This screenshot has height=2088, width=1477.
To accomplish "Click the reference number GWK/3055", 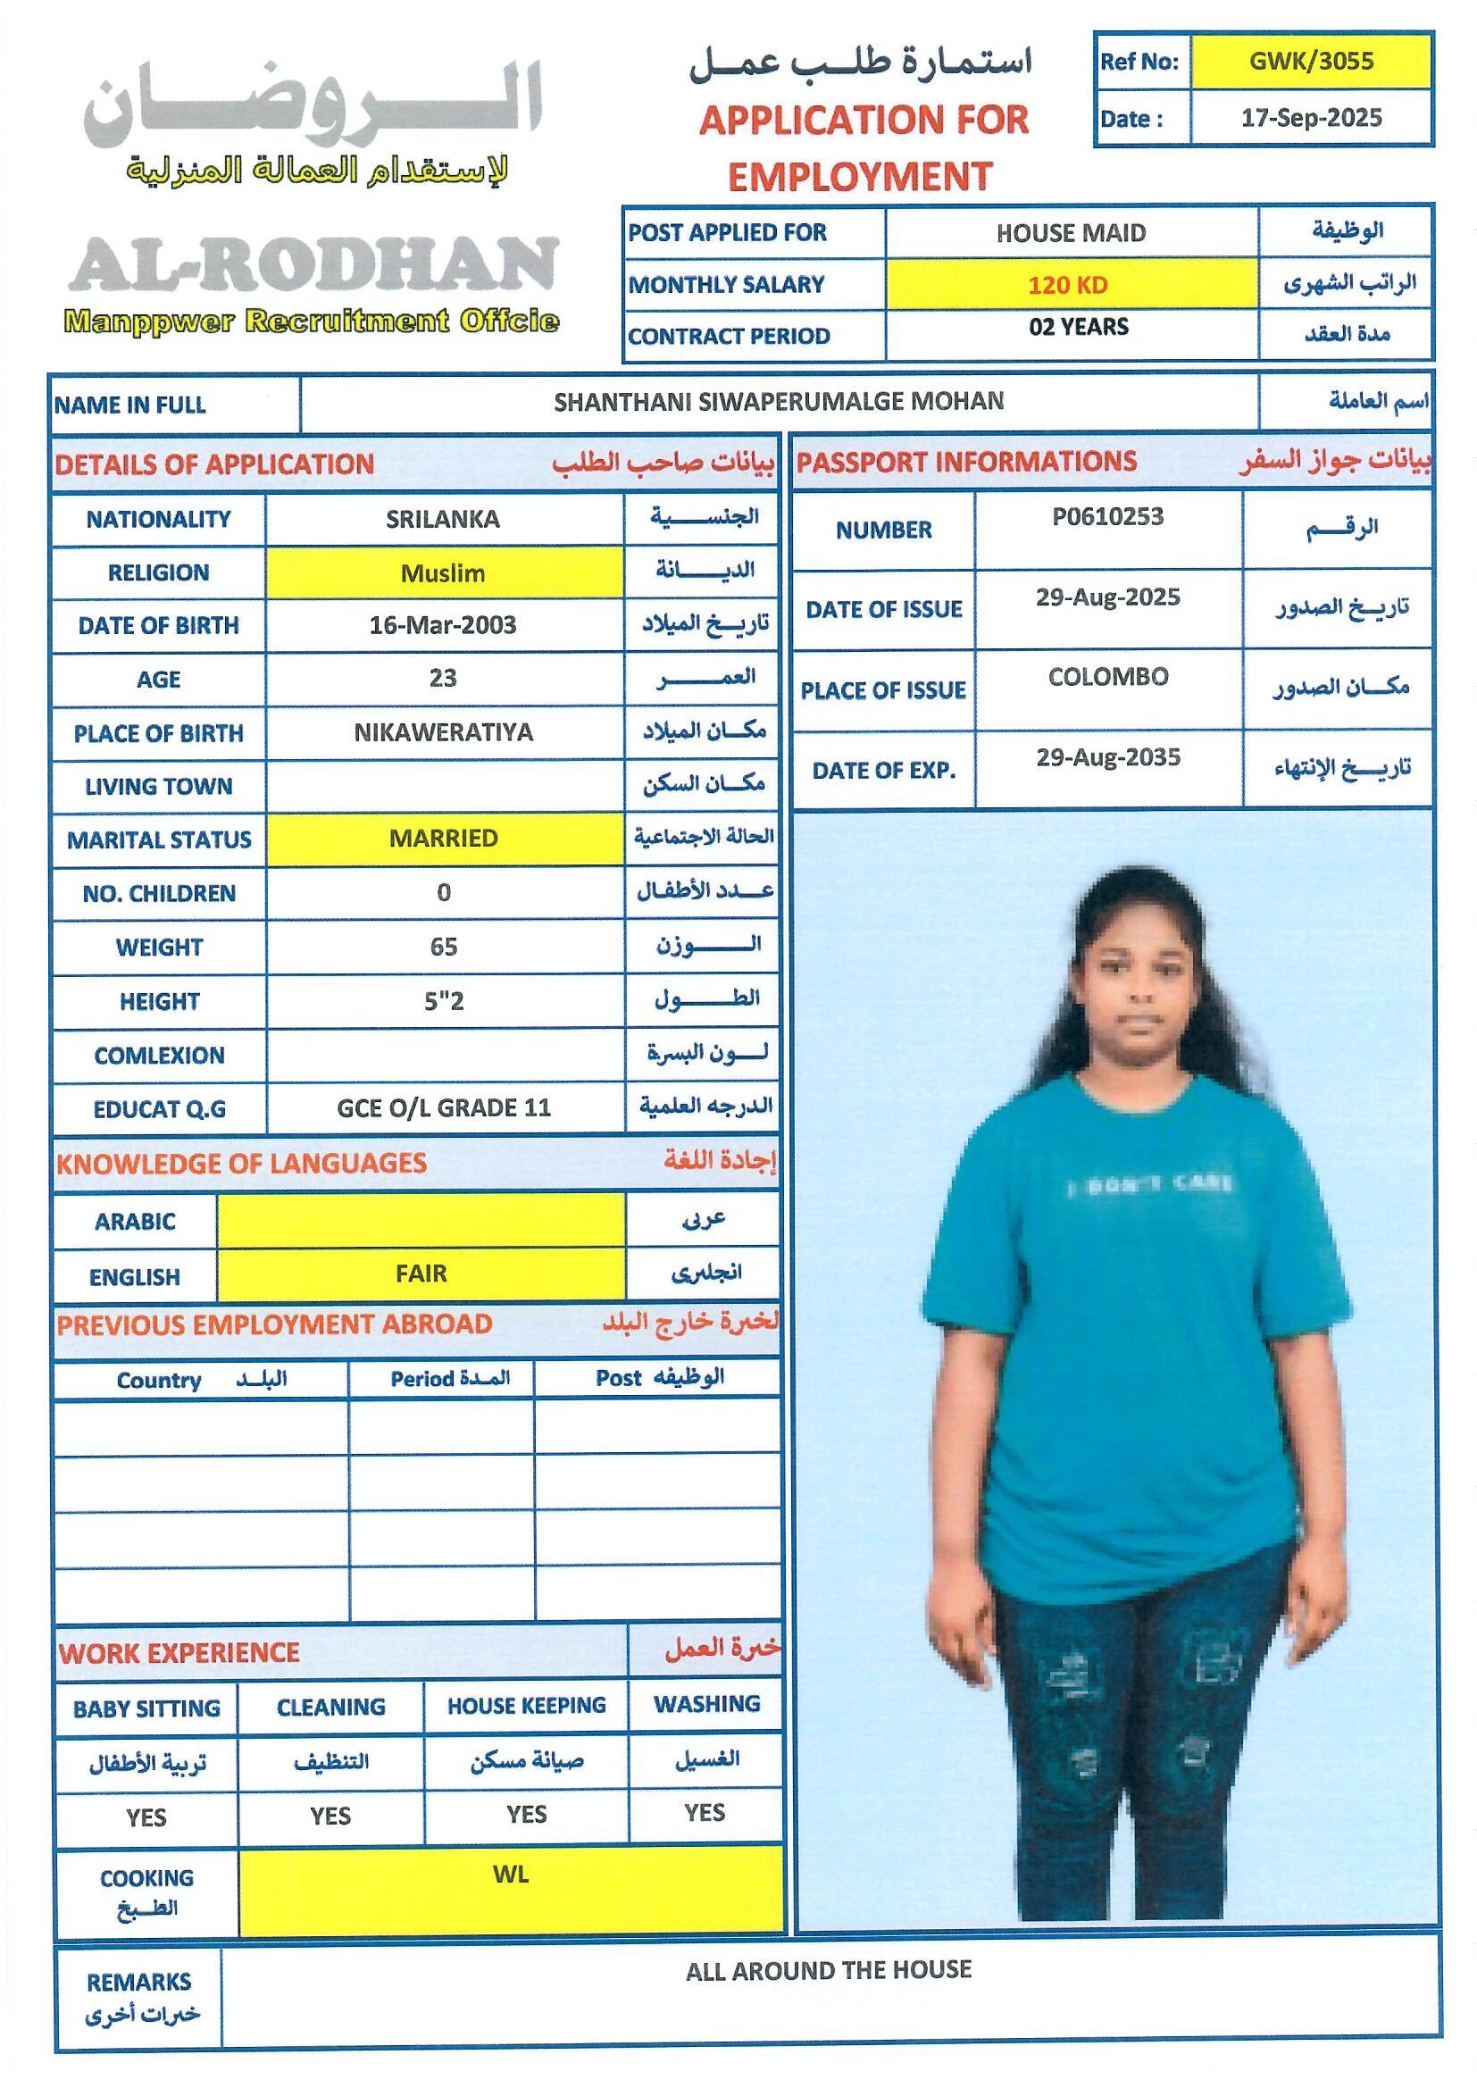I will (1311, 62).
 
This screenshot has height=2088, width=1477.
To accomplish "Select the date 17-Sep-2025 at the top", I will (1311, 118).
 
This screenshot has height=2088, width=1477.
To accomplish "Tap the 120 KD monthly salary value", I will (1068, 286).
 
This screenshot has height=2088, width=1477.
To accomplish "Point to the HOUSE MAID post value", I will (1071, 234).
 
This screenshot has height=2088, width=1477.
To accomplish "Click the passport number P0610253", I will (1106, 517).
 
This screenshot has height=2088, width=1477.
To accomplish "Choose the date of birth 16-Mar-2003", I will (443, 626).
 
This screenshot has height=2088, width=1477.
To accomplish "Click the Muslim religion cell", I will (443, 574).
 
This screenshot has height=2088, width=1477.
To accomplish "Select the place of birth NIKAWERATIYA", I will (443, 733).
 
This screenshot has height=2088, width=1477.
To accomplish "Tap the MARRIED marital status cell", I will (443, 839).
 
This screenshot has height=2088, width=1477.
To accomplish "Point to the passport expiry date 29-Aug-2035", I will (1107, 758).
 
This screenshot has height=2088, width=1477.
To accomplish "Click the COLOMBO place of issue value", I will (1107, 678).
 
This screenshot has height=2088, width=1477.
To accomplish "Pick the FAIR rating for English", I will (421, 1274).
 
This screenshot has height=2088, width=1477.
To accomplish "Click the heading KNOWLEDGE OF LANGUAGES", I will (242, 1164).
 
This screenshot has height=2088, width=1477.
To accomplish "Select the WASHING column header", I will (706, 1704).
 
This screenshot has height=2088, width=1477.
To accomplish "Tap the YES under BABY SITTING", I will (146, 1817).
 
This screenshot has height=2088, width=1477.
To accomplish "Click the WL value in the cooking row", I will (510, 1875).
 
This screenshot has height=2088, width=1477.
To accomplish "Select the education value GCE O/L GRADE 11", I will (444, 1108).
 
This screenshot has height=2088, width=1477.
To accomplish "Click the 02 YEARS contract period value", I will (1079, 328).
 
